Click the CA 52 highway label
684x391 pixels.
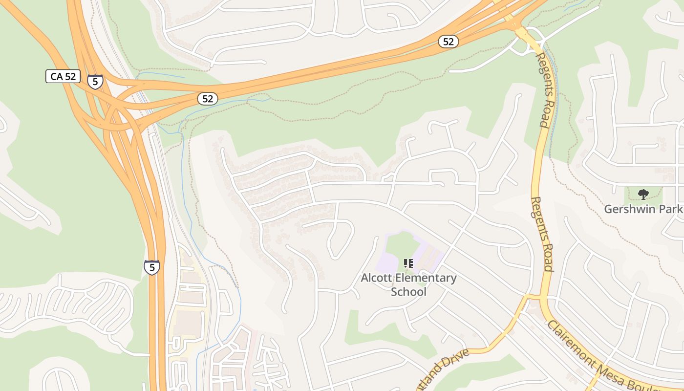[63, 76]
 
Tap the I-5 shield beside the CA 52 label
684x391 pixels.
[95, 81]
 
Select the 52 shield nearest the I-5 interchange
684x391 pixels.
[208, 99]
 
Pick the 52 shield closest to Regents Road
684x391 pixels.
[448, 42]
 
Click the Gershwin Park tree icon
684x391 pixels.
[643, 195]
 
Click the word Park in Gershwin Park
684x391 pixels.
[673, 209]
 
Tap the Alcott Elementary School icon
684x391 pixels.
[408, 264]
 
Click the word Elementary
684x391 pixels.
[426, 278]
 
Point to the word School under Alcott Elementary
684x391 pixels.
[408, 292]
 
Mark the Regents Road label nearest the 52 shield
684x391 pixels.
[544, 90]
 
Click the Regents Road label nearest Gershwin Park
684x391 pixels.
[542, 234]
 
